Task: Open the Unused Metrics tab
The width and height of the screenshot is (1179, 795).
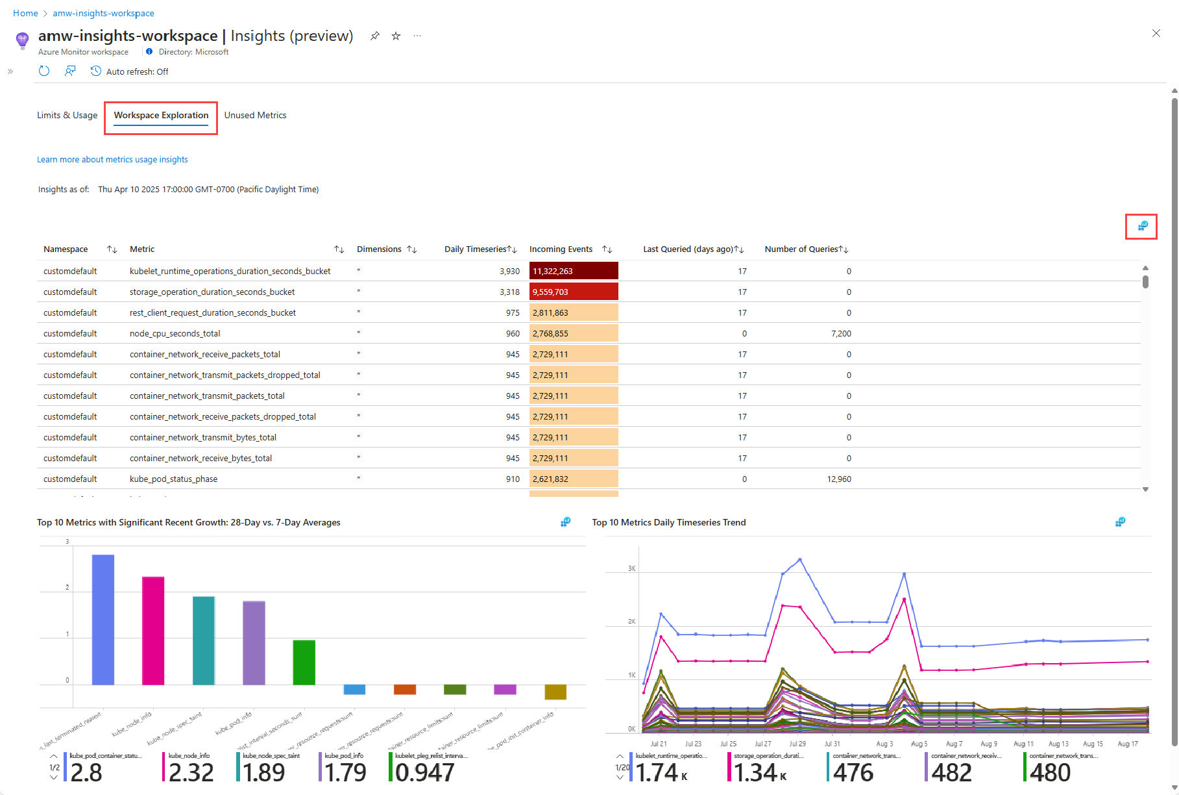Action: (x=255, y=116)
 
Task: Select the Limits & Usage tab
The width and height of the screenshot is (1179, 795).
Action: (x=67, y=116)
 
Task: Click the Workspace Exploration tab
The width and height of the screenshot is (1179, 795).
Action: (x=161, y=116)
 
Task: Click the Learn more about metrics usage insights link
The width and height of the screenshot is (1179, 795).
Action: (x=112, y=160)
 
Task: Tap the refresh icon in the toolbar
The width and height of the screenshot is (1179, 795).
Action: (x=44, y=71)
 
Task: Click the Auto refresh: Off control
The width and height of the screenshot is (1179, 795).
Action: (x=130, y=71)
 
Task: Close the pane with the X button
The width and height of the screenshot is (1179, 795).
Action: (x=1156, y=33)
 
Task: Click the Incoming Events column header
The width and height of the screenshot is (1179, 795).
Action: (x=561, y=249)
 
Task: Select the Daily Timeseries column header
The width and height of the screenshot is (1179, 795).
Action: (x=475, y=249)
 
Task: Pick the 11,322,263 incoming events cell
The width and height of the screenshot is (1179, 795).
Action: (x=573, y=271)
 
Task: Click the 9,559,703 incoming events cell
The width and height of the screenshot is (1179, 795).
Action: (x=573, y=292)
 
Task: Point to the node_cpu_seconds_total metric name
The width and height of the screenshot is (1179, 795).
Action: (x=175, y=334)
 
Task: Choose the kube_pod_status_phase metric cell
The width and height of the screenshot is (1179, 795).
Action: (x=173, y=479)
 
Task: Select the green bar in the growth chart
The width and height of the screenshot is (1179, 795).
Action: (x=304, y=662)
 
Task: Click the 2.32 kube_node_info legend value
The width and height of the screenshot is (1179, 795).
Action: (x=190, y=772)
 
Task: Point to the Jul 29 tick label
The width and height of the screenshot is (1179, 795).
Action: (x=797, y=744)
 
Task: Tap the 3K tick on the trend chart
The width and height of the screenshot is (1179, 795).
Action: (x=631, y=568)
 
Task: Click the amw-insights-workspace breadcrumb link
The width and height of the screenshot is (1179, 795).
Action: (x=103, y=13)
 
